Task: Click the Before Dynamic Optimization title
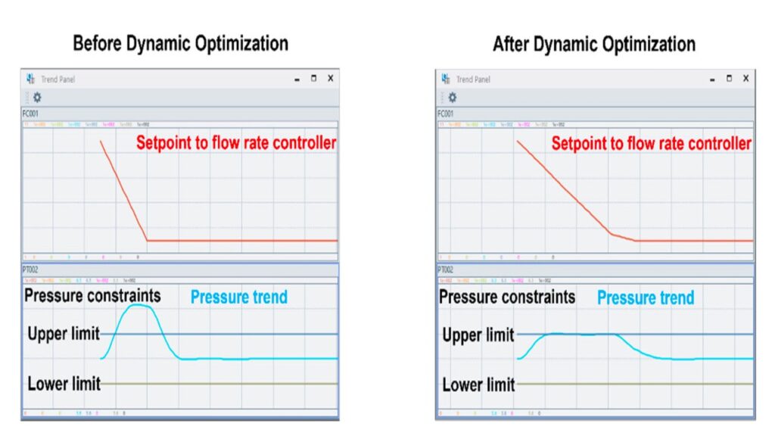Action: click(x=180, y=43)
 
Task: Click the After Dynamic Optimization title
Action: click(x=593, y=43)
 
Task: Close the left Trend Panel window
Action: click(x=331, y=79)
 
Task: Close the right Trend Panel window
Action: click(x=745, y=79)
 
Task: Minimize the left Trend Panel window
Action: click(x=297, y=79)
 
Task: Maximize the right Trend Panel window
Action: click(x=729, y=79)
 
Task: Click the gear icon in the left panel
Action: click(x=36, y=97)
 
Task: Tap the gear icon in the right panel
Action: click(x=452, y=97)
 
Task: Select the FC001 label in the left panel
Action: click(x=30, y=114)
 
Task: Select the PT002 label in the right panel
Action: click(x=445, y=269)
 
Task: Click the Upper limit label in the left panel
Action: click(x=64, y=334)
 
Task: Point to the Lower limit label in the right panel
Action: click(x=478, y=385)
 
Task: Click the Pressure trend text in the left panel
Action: click(x=239, y=297)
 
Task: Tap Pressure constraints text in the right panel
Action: click(x=507, y=297)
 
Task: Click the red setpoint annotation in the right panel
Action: click(x=651, y=144)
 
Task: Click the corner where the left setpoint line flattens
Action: click(x=147, y=240)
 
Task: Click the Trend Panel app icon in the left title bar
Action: click(x=30, y=79)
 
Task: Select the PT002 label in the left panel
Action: click(x=30, y=269)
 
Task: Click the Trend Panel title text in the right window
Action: click(x=473, y=79)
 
